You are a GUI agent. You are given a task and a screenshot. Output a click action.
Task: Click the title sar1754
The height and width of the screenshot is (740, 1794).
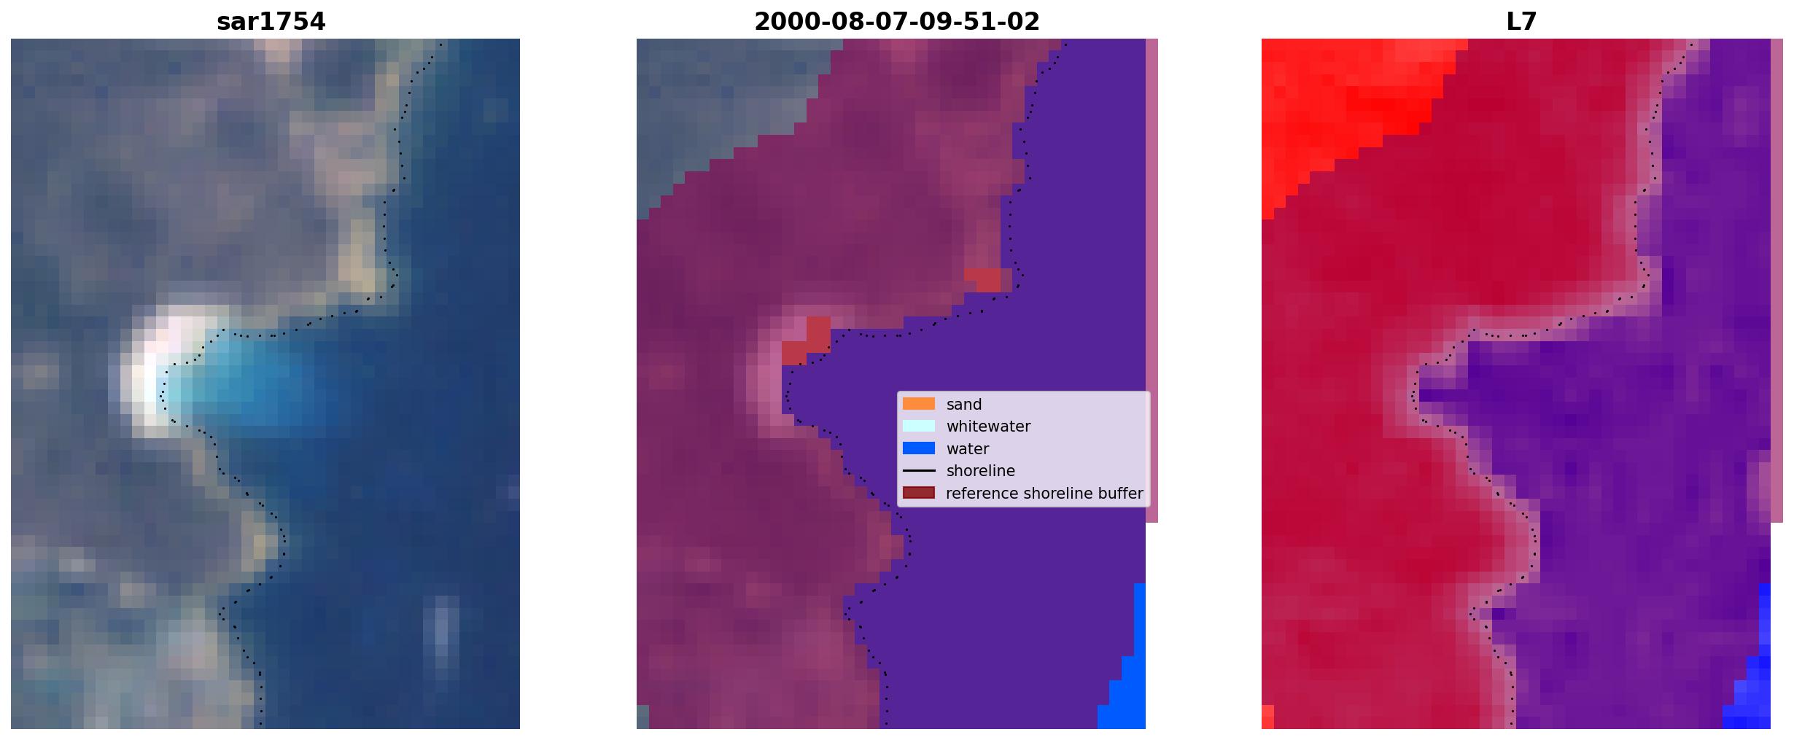pos(271,22)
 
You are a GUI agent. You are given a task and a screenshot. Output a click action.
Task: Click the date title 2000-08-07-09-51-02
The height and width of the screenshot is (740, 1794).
pos(896,22)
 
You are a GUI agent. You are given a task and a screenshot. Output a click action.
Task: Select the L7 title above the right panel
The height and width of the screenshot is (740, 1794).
pos(1521,22)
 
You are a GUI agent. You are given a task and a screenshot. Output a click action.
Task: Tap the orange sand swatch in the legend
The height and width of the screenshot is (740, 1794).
pos(919,404)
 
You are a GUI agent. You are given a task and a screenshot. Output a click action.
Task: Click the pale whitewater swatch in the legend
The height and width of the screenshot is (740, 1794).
pos(919,426)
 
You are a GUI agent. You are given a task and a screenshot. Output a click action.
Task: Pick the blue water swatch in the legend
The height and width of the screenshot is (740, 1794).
pos(919,448)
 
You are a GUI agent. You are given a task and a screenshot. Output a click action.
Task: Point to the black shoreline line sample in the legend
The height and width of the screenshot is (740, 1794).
pos(919,471)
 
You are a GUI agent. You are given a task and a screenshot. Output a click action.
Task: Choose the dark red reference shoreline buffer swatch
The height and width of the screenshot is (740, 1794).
pos(919,493)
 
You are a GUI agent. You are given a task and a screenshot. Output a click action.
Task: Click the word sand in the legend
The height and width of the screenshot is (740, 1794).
pos(964,405)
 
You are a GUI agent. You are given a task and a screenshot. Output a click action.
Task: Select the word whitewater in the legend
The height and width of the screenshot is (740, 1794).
pos(988,427)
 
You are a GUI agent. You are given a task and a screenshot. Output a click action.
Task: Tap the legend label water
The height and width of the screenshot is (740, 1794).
pos(968,449)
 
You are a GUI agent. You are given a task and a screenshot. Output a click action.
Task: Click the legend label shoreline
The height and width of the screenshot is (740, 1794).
pos(981,471)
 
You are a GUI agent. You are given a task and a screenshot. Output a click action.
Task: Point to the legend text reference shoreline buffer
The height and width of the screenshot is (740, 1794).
pos(1044,494)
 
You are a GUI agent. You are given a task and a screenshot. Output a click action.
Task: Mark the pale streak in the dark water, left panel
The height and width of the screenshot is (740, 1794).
pos(440,631)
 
